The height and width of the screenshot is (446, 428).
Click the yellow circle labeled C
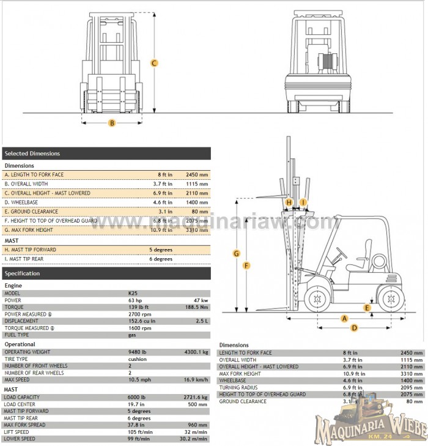tap(155, 63)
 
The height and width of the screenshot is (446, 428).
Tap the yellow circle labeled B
tap(112, 122)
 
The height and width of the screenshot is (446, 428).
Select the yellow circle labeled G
tap(236, 253)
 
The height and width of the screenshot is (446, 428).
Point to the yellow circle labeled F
tap(246, 266)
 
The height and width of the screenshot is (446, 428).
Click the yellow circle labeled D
tap(354, 328)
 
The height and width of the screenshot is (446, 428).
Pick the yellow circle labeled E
tap(367, 308)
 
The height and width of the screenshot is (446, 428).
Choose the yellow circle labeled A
tap(344, 319)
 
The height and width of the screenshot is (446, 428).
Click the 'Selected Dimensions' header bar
tap(106, 154)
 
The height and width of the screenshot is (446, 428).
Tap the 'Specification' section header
tap(106, 273)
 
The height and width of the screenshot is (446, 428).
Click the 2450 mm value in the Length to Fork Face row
tap(196, 174)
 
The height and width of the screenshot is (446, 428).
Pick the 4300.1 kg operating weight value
tap(197, 352)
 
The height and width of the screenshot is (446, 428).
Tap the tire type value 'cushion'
tap(138, 359)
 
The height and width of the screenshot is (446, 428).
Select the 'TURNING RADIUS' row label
tap(238, 387)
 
